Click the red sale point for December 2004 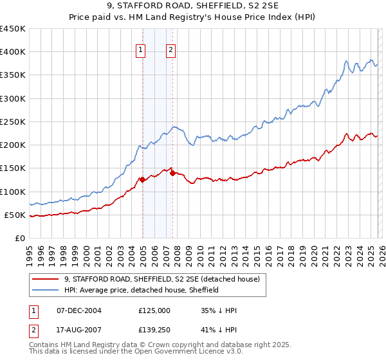click(x=142, y=180)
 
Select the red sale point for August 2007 click(x=172, y=173)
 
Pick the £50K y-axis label click(x=15, y=215)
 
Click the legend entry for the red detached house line click(x=161, y=279)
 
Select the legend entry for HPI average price click(x=142, y=291)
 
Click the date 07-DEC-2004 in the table click(x=78, y=310)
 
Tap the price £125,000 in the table click(x=154, y=310)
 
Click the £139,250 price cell click(x=154, y=331)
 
